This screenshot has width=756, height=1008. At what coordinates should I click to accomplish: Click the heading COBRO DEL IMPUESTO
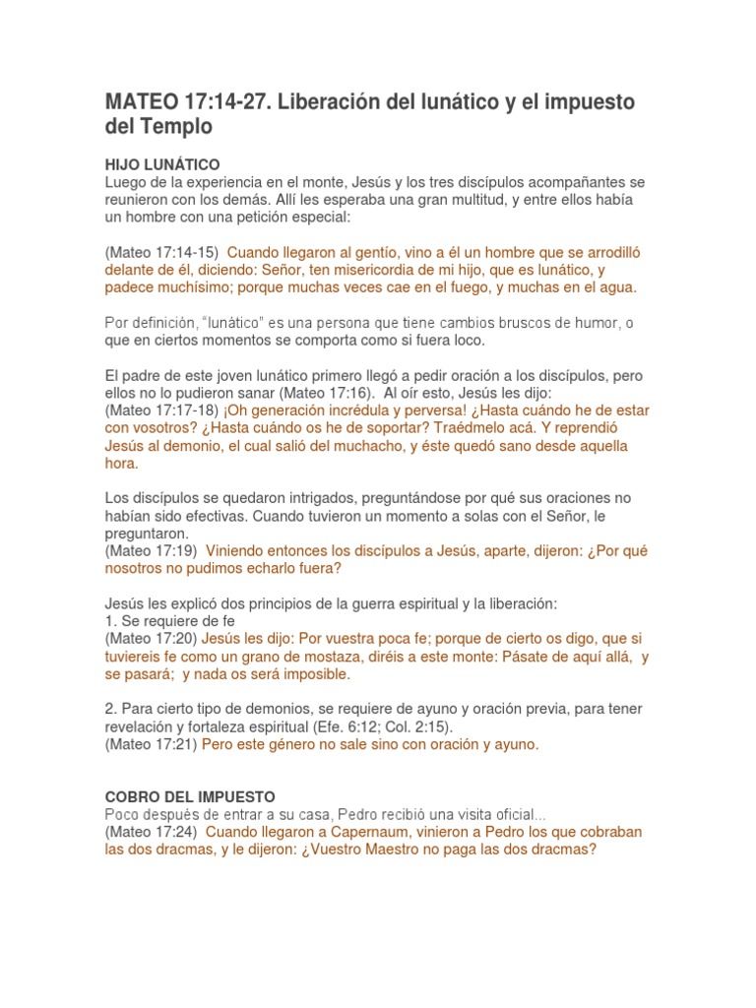190,795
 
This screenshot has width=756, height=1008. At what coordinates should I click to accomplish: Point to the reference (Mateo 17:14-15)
161,252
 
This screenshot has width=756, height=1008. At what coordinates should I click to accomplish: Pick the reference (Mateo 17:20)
151,639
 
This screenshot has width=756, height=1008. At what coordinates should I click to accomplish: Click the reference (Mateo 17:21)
151,745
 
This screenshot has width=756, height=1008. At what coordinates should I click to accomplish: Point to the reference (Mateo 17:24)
151,832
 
